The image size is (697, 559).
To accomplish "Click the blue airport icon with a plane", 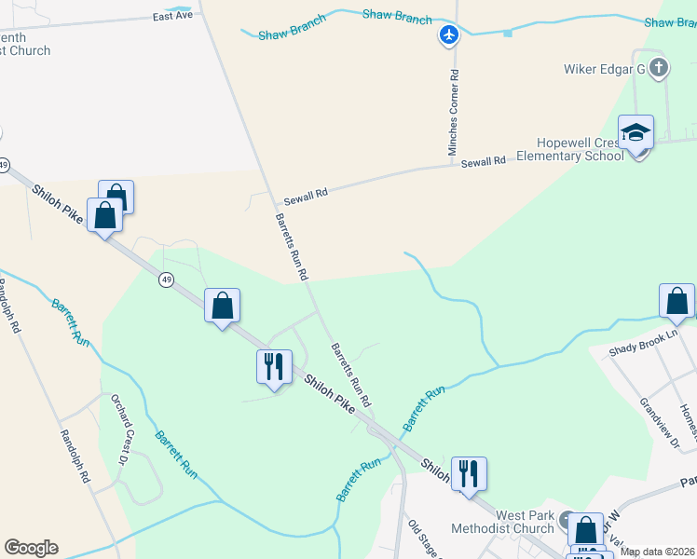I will tap(450, 35).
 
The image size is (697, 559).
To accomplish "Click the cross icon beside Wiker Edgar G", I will tap(660, 67).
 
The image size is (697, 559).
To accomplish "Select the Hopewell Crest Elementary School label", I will tap(579, 149).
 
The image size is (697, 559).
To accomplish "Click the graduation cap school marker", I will tap(635, 133).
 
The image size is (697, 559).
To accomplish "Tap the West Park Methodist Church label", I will tap(512, 522).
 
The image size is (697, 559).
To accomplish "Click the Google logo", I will tap(31, 548).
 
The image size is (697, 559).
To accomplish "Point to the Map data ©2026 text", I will tap(657, 552).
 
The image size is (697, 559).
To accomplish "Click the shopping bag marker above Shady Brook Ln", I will tap(676, 301).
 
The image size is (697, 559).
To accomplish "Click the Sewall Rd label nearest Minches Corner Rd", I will tap(483, 162).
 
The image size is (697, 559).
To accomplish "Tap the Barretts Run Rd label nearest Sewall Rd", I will tap(291, 246).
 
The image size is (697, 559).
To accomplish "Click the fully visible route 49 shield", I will tap(166, 279).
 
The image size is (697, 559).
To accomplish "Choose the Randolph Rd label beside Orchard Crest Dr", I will tap(75, 455).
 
